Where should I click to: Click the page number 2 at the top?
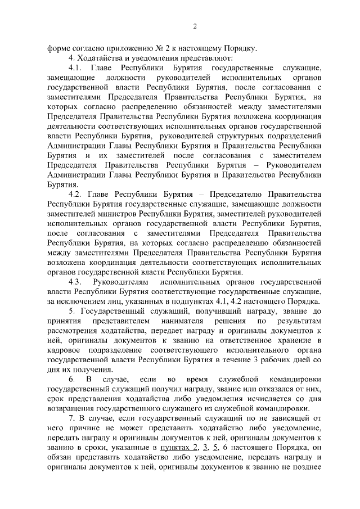194,26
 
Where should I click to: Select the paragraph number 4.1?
75,67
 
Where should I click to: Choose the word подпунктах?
185,301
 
